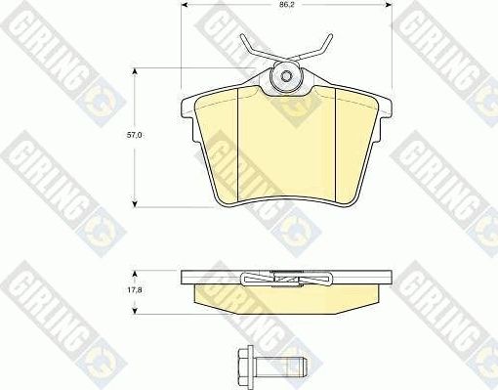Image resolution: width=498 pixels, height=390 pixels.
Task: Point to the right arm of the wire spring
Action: (x=316, y=51)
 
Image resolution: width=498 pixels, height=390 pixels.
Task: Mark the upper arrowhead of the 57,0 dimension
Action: (x=135, y=71)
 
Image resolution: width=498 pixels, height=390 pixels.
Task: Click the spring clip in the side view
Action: (x=285, y=280)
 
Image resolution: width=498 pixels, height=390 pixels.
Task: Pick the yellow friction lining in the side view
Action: (x=285, y=295)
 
